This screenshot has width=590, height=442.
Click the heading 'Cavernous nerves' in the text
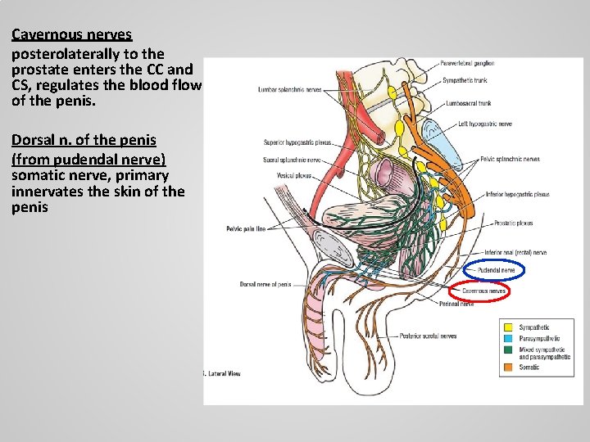coord(71,35)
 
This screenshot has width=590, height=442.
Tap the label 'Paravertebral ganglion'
coord(467,64)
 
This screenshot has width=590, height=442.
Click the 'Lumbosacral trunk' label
coord(468,104)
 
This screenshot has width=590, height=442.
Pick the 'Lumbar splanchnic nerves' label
coord(289,89)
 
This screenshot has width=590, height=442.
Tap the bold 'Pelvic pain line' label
coord(246,228)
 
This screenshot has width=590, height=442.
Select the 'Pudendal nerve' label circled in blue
coord(497,269)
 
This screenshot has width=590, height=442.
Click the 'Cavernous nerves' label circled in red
coord(484,291)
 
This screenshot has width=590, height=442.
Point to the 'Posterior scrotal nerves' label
coord(428,336)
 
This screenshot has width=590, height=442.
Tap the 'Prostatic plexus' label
coord(514,223)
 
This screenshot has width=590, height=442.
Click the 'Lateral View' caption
coord(223,374)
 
